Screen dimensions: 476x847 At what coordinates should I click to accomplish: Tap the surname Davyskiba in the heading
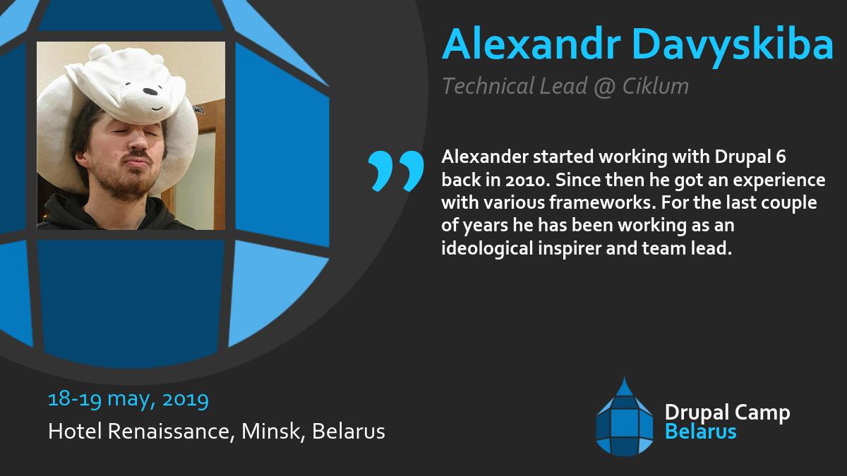[733, 46]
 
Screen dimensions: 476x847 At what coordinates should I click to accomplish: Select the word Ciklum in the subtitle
[656, 86]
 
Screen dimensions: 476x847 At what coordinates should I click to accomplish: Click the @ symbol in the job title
[605, 86]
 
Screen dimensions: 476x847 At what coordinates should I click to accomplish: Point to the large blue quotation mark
[396, 170]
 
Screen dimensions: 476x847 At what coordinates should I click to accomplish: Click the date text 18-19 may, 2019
[128, 400]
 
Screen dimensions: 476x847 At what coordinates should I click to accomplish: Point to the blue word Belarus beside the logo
[701, 432]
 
